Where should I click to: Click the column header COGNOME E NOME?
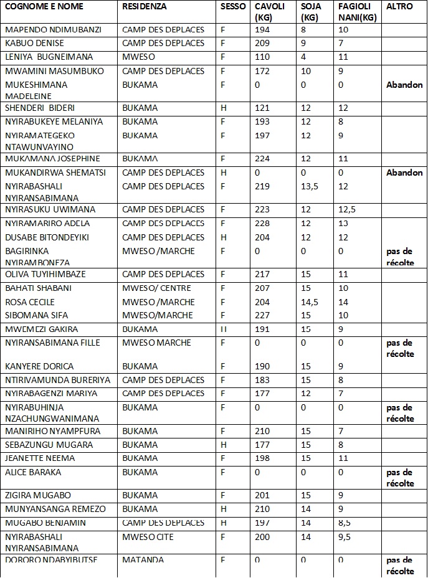pos(44,6)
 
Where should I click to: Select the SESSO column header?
pos(232,6)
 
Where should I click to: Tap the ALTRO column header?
pos(399,6)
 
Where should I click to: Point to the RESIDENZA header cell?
pos(145,6)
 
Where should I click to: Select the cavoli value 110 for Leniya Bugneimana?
pos(262,57)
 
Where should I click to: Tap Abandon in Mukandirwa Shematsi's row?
pos(404,173)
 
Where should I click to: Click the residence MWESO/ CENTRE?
pos(156,288)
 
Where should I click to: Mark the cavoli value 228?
pos(262,223)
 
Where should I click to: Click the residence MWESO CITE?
pos(148,536)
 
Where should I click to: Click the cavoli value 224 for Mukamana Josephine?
pos(262,158)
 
